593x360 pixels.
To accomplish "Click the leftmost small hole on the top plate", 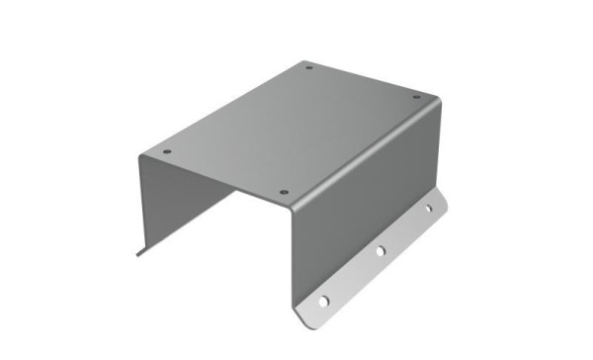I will point(166,152).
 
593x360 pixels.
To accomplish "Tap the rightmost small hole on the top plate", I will point(416,97).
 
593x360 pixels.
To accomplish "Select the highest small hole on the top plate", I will point(309,68).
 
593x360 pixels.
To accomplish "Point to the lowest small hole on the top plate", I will point(284,192).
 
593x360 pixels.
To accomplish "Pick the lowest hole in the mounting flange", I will point(322,299).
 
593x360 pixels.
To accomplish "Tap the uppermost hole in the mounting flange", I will point(429,209).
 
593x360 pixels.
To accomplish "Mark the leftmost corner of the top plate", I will point(139,155).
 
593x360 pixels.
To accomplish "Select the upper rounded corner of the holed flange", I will point(444,198).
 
